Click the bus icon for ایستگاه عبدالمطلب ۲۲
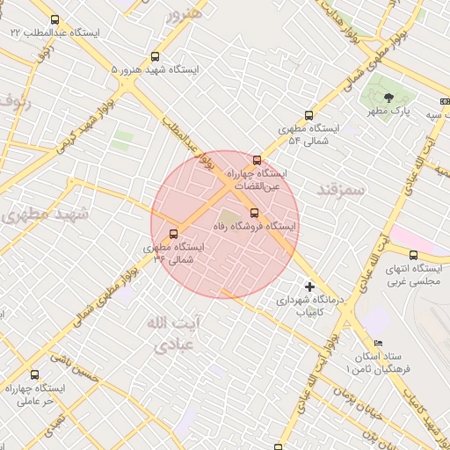[55, 19]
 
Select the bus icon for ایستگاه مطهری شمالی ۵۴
[308, 114]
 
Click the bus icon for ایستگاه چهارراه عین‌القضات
[257, 160]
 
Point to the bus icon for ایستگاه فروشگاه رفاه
[254, 212]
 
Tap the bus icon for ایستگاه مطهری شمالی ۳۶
[172, 234]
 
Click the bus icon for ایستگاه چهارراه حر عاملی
[35, 374]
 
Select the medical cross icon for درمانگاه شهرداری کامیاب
[308, 287]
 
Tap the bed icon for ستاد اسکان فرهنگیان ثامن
[379, 344]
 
